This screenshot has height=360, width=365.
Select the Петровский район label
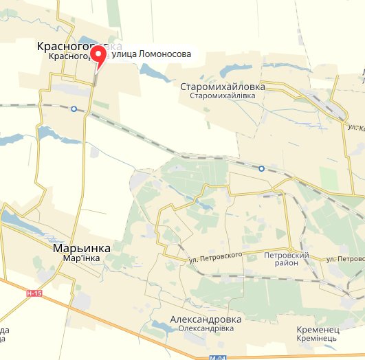(x=287, y=259)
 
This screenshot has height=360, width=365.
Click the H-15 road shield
(x=34, y=294)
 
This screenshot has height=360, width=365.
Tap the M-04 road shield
(x=218, y=357)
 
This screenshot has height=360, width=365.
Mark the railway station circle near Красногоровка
(x=74, y=109)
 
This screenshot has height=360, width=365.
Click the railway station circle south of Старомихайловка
(x=261, y=168)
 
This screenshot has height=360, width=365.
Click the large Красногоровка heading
(x=80, y=45)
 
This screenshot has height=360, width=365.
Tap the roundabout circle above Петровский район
(x=290, y=248)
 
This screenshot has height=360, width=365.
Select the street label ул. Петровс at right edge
(x=346, y=259)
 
